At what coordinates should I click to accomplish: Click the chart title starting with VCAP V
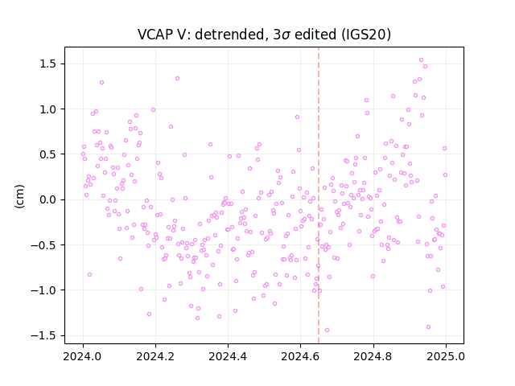pyautogui.click(x=264, y=35)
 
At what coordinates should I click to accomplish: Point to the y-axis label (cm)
pyautogui.click(x=19, y=196)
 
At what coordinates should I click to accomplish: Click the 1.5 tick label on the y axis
pyautogui.click(x=48, y=64)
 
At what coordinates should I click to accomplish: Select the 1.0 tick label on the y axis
pyautogui.click(x=48, y=109)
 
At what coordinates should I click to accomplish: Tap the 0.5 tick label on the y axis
pyautogui.click(x=48, y=154)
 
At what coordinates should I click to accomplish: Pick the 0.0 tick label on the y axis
pyautogui.click(x=48, y=199)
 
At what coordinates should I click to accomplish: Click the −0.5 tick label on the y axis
pyautogui.click(x=43, y=244)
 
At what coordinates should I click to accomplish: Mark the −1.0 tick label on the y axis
pyautogui.click(x=43, y=290)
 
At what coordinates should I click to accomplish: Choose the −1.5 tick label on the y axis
pyautogui.click(x=43, y=335)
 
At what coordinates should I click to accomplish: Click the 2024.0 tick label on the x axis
pyautogui.click(x=83, y=356)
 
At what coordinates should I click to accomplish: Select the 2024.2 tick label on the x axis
pyautogui.click(x=155, y=356)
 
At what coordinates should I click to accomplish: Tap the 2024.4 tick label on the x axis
pyautogui.click(x=228, y=356)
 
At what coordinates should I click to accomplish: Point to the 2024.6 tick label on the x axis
pyautogui.click(x=300, y=356)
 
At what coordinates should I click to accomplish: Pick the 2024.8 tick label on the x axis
pyautogui.click(x=373, y=356)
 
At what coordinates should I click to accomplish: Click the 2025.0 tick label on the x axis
pyautogui.click(x=446, y=356)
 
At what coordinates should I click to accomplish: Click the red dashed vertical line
pyautogui.click(x=319, y=195)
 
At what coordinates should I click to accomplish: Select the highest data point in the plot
pyautogui.click(x=421, y=60)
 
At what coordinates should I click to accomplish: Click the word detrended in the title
pyautogui.click(x=229, y=35)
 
